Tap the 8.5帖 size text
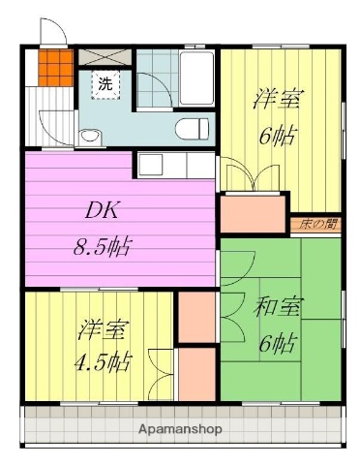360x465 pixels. pyautogui.click(x=102, y=243)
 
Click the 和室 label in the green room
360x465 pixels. pyautogui.click(x=277, y=308)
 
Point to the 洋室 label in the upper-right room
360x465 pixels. pyautogui.click(x=279, y=98)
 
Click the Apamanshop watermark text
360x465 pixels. pyautogui.click(x=179, y=427)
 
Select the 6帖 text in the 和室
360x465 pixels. pyautogui.click(x=279, y=343)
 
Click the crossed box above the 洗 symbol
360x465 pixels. pyautogui.click(x=102, y=56)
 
